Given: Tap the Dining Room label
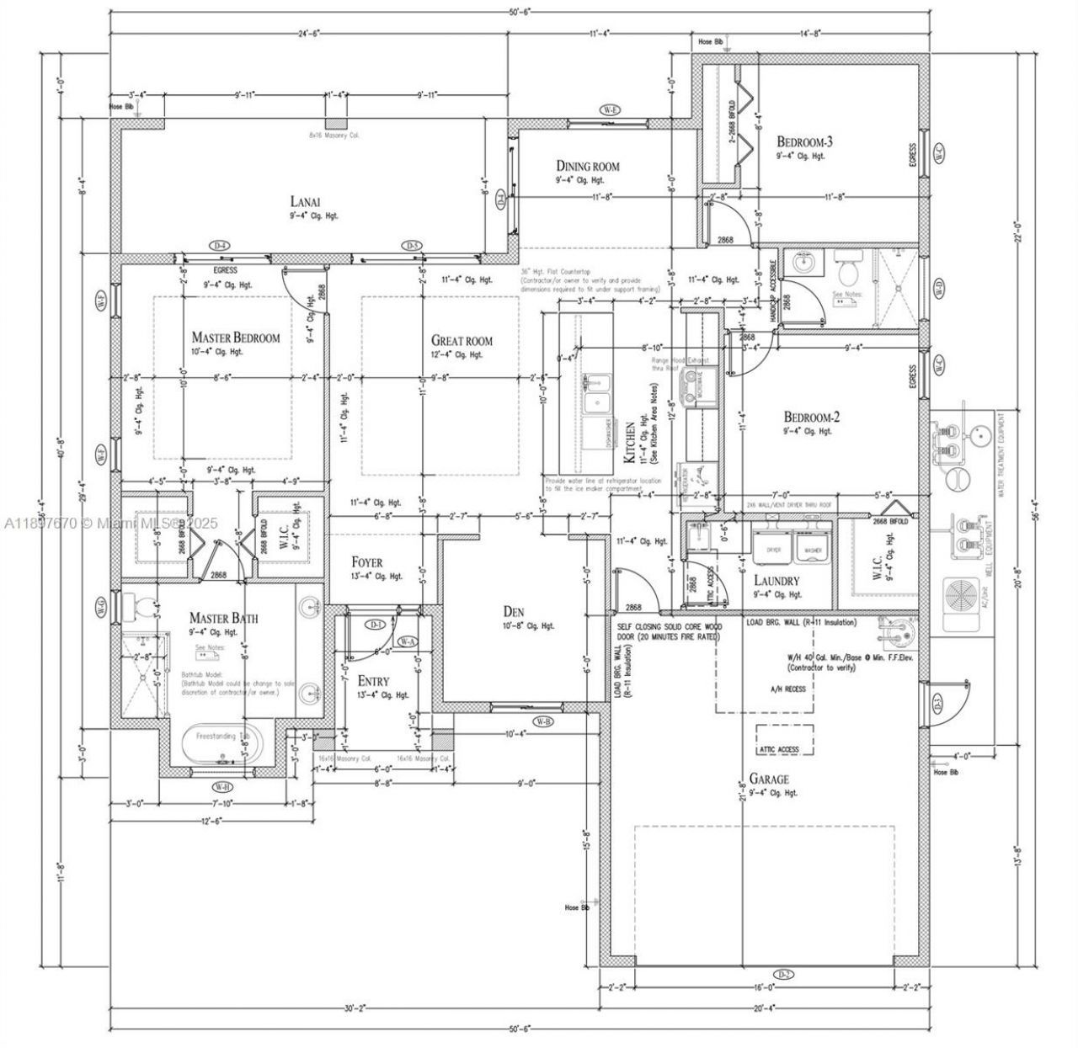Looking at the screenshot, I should point(587,166).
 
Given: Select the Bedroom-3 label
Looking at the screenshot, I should point(804,141).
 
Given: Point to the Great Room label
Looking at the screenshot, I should point(462,341).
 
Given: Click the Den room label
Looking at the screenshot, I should point(514,611).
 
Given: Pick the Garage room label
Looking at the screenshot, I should point(769,779).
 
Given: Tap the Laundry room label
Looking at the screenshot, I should point(776,581).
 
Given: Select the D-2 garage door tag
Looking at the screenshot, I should point(783,975).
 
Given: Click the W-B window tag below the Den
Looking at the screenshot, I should point(543,722).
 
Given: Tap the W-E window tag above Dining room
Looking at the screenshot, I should point(610,110).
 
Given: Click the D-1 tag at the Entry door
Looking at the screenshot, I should point(376,624).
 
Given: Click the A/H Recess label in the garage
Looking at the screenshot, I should point(787,689).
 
